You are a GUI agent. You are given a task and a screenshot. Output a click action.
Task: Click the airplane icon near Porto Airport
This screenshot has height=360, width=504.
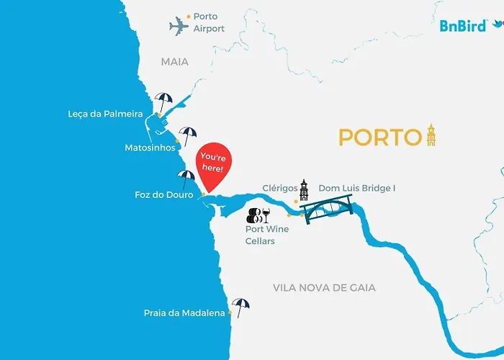point(179,27)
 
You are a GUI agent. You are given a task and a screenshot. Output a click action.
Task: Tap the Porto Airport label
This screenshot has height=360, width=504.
point(209,22)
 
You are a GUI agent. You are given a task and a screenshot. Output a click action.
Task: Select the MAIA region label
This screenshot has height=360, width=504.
point(175,62)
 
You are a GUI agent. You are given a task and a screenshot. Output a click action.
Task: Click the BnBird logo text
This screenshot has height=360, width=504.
point(463,26)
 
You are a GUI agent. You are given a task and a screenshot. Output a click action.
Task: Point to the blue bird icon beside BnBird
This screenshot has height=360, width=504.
point(497,24)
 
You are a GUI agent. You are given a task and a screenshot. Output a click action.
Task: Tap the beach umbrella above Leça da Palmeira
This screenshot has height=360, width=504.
point(164,100)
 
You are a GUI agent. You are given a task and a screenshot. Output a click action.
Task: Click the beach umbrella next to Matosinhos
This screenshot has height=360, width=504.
point(188,134)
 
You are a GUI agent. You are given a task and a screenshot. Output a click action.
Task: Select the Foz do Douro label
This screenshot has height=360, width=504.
point(164,194)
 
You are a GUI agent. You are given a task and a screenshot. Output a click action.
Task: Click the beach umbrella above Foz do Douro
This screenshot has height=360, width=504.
point(186,177)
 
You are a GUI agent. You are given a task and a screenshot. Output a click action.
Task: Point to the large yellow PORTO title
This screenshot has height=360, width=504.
point(379,137)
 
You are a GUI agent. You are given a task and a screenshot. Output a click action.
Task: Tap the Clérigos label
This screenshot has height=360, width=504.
point(280,188)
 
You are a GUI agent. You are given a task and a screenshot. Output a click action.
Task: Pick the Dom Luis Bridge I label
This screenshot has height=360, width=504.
point(357,188)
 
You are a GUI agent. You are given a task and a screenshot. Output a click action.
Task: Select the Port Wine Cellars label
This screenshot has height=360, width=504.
point(267,235)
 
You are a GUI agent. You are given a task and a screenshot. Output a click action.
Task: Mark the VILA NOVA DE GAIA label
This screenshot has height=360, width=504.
point(324,287)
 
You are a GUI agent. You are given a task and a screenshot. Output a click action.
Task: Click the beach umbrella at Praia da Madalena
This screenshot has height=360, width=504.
point(240,307)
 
